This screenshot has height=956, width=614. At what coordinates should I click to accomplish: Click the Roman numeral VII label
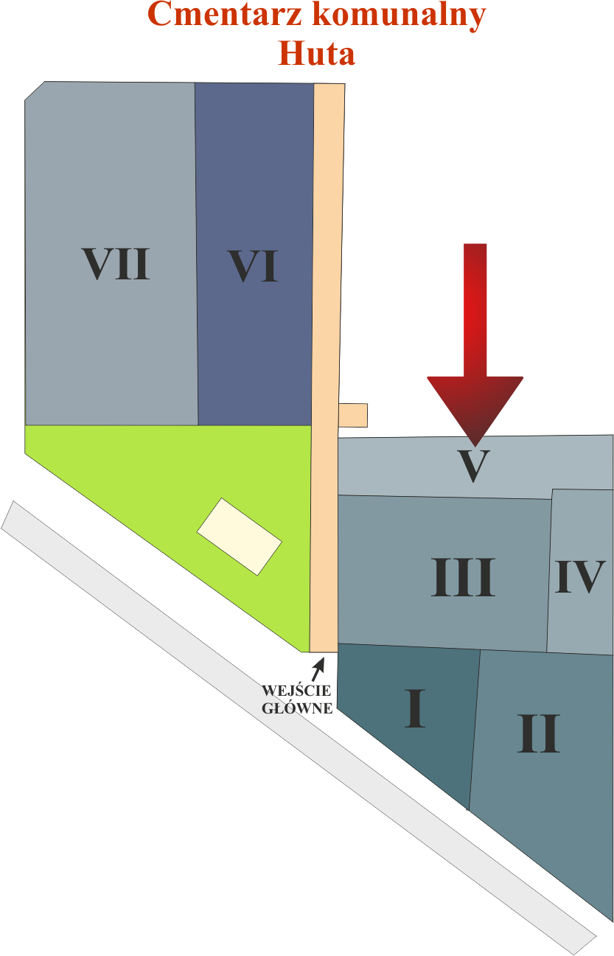click(116, 265)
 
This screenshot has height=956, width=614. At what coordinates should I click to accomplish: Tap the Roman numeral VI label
click(253, 266)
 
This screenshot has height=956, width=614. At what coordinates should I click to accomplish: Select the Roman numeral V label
click(473, 466)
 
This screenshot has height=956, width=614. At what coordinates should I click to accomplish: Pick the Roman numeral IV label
click(580, 577)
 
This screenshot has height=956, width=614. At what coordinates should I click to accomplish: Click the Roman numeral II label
click(539, 733)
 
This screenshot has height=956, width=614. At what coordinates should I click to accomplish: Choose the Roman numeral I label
click(416, 708)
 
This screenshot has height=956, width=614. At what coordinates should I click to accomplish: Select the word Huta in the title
click(317, 53)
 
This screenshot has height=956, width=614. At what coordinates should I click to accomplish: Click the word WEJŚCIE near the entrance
click(296, 691)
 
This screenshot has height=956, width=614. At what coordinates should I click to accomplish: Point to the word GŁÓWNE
click(298, 708)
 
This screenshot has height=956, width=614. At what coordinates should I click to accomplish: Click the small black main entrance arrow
click(318, 668)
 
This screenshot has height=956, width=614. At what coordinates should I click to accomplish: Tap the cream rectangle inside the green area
click(240, 536)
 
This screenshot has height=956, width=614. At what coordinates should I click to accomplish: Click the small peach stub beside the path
click(354, 415)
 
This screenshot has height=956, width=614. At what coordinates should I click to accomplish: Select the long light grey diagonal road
click(295, 726)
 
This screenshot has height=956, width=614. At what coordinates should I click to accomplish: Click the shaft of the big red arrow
click(475, 310)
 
